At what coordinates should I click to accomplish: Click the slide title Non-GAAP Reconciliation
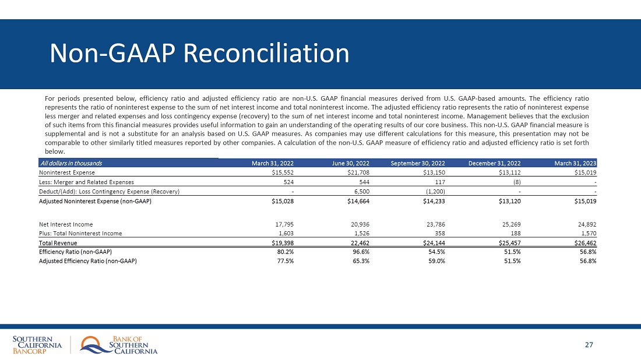click(199, 54)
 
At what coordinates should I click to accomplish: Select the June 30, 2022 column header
click(350, 163)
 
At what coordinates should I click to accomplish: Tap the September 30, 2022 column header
click(418, 163)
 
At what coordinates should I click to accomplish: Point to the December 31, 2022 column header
click(495, 163)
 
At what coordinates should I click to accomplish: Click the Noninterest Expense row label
click(67, 172)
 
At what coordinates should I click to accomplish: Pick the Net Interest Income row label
click(66, 224)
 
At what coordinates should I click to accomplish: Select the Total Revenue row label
click(58, 242)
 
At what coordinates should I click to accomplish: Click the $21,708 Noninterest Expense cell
click(357, 172)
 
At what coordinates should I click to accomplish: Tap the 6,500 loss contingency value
click(362, 191)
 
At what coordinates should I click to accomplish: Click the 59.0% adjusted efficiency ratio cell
click(436, 261)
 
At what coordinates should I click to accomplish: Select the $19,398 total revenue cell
click(281, 242)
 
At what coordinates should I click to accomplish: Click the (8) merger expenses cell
click(516, 182)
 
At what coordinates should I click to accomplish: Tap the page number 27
click(589, 345)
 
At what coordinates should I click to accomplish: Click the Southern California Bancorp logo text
click(37, 345)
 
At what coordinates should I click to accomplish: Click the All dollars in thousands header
click(71, 163)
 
